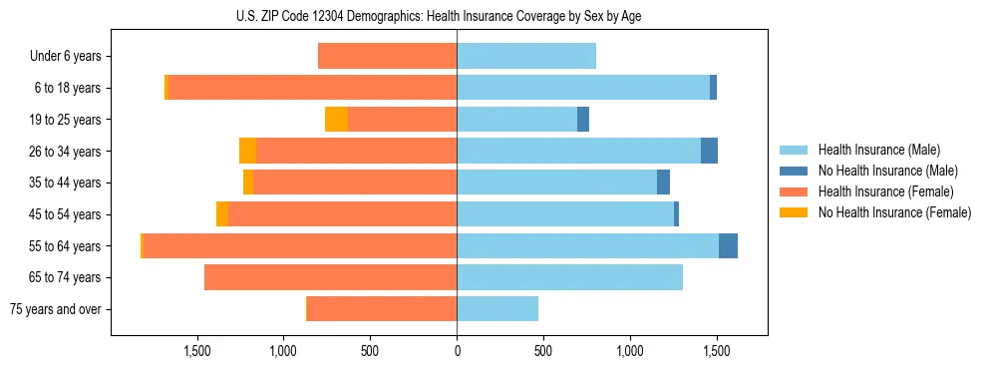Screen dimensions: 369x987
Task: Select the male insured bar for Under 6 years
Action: point(526,56)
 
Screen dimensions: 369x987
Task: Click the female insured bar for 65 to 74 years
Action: point(330,277)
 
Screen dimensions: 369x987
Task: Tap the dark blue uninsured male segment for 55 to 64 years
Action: point(728,245)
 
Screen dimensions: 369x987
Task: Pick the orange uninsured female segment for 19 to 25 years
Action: point(337,120)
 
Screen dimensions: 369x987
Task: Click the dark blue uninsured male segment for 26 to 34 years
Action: point(709,151)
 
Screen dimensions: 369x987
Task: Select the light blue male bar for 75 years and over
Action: point(497,309)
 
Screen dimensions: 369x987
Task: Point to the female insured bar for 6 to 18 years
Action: point(312,88)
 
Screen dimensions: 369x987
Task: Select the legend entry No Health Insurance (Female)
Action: point(893,212)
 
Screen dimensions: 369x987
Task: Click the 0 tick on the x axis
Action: point(457,351)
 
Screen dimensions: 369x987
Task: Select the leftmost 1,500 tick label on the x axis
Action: point(196,351)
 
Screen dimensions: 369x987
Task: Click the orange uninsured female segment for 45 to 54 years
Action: point(222,214)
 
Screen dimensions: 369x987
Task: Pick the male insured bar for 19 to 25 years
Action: point(516,120)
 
